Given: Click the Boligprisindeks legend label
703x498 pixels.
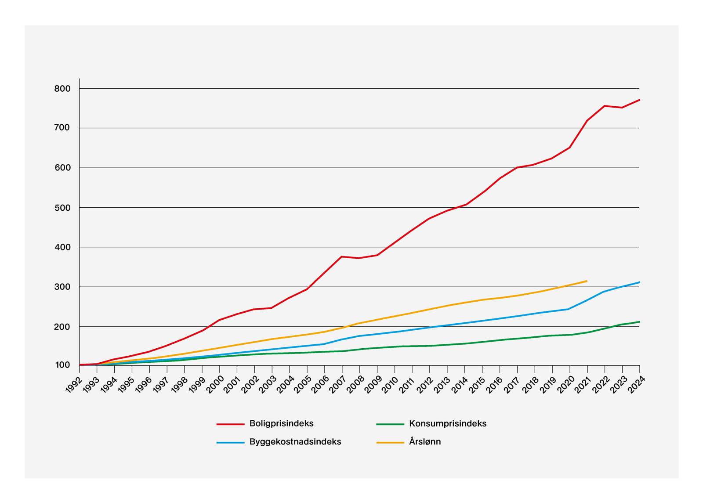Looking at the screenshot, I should coord(281,424).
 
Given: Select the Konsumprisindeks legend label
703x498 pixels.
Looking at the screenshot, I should coord(447,424).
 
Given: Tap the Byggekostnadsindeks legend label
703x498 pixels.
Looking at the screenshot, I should coord(295,442).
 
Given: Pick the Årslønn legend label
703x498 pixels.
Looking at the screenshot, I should coord(424,442).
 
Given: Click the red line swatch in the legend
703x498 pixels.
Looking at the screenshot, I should coord(230,424).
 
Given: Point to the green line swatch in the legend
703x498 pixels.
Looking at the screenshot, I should coord(390,424).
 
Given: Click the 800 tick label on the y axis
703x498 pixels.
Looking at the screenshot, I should coord(62,89).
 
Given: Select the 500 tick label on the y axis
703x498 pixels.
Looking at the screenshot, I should coord(62,208).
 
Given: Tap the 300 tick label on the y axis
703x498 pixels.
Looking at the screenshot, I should coord(62,287).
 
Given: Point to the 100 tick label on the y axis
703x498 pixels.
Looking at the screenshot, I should coord(62,365).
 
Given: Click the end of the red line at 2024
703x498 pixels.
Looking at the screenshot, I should coord(639,100).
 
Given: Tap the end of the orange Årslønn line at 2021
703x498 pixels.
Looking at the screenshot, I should coord(587,281).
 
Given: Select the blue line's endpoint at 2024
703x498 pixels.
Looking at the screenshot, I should coord(639,282).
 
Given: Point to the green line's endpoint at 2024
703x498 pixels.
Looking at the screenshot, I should coord(639,322).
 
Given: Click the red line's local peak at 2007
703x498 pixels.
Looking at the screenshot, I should coord(342,256).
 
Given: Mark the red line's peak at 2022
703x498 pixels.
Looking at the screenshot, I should coord(605,106).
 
